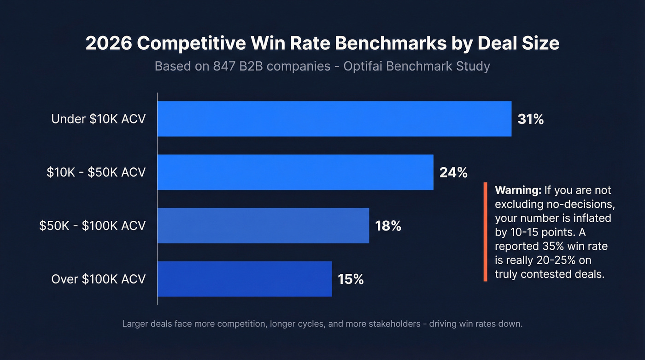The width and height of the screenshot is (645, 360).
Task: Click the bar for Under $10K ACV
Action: [x=334, y=119]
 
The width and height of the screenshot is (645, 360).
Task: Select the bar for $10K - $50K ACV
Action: [x=295, y=172]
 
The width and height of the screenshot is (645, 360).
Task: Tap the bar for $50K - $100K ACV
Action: [x=263, y=226]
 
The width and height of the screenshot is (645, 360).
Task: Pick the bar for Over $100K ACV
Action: [x=244, y=279]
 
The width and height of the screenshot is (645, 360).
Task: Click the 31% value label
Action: [x=531, y=119]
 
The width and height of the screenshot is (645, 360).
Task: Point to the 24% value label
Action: [x=453, y=173]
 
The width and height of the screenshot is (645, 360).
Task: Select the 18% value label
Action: [x=388, y=226]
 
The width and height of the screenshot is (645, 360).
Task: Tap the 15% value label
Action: [x=351, y=280]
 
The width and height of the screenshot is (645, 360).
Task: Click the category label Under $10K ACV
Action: [x=98, y=119]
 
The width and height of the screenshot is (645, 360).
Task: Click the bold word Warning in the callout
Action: [x=517, y=190]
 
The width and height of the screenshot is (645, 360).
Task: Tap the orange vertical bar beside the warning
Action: [x=485, y=232]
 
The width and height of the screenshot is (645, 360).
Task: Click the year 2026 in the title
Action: [x=109, y=43]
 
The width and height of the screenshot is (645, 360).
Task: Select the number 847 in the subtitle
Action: [x=225, y=66]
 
